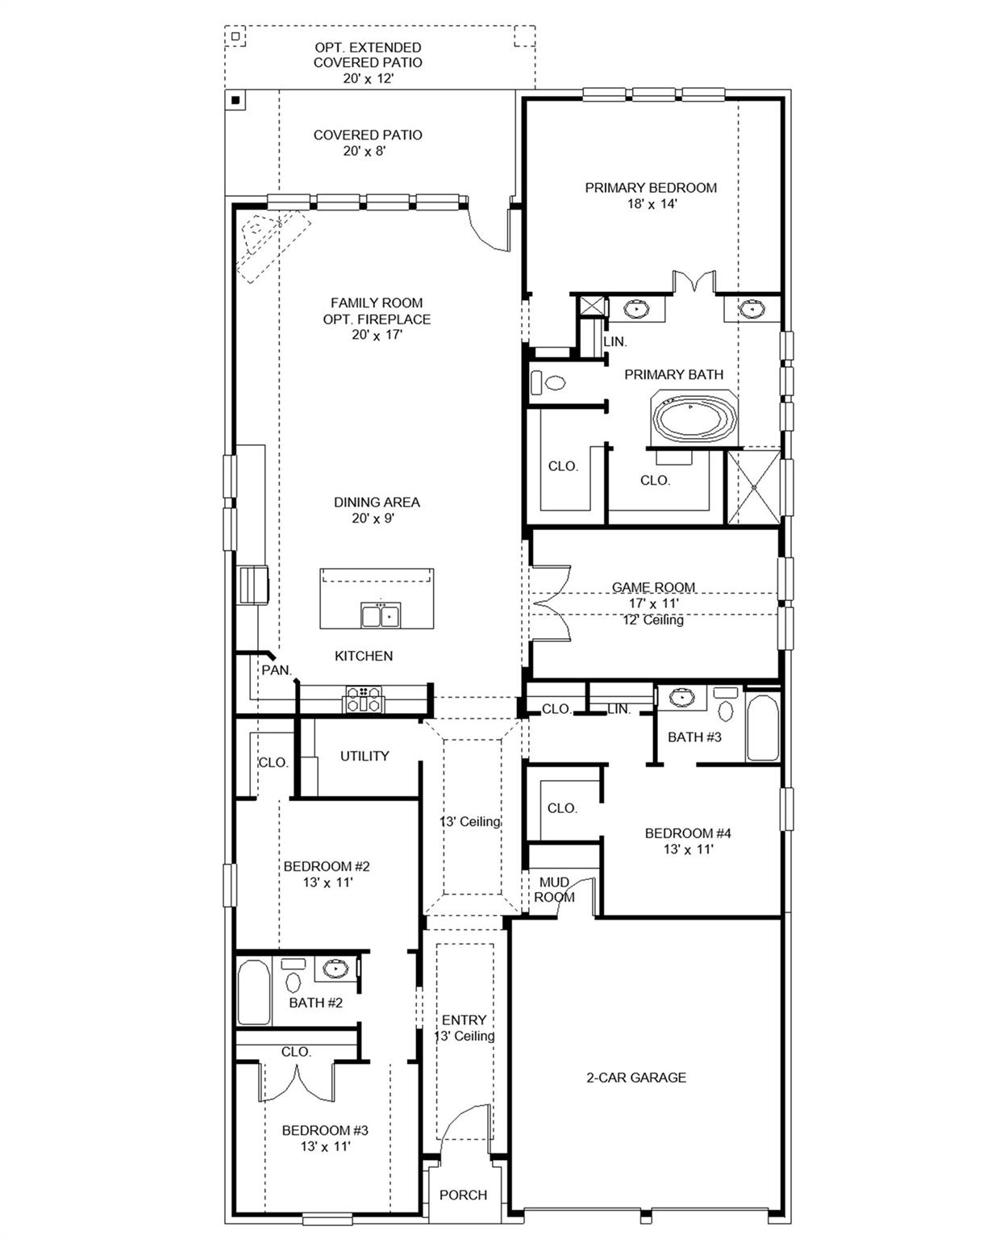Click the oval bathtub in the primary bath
point(694,418)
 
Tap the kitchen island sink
point(381,615)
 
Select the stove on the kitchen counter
point(364,699)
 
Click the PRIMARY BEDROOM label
point(651,188)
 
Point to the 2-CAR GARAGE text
point(635,1077)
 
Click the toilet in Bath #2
point(293,982)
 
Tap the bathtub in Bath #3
point(762,728)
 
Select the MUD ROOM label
point(555,890)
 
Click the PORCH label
point(463,1195)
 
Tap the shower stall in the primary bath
point(753,487)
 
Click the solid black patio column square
point(235,100)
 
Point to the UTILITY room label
point(365,756)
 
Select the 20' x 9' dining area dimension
point(373,519)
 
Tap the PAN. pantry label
point(276,670)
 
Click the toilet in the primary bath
point(552,382)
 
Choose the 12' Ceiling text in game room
point(653,620)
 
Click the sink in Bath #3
point(682,696)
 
